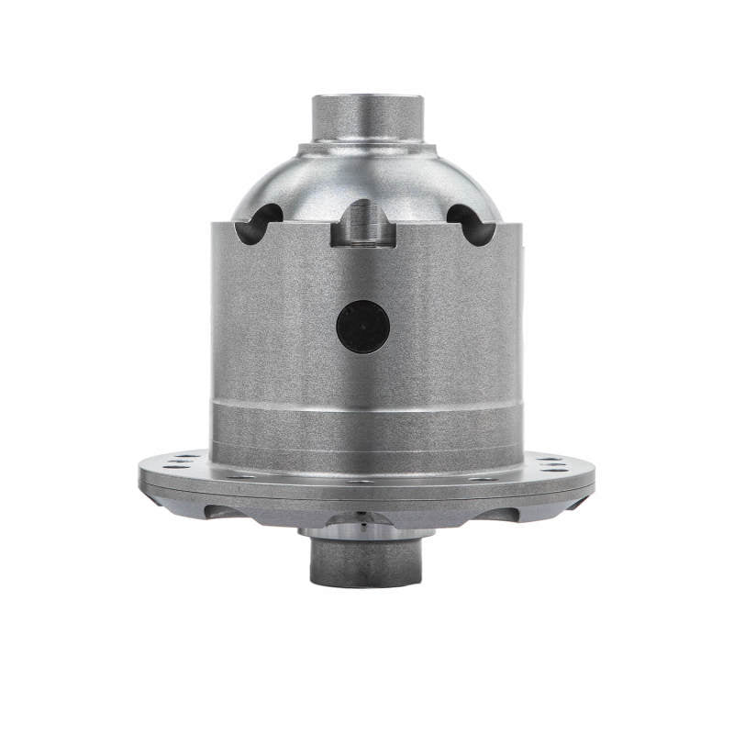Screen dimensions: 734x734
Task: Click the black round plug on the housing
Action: point(363,328)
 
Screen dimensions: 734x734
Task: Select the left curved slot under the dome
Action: point(257,224)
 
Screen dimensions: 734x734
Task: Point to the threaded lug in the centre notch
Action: point(364,226)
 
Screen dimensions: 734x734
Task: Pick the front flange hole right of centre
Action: point(431,477)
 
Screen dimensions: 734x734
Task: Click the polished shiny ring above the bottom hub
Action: point(364,530)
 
